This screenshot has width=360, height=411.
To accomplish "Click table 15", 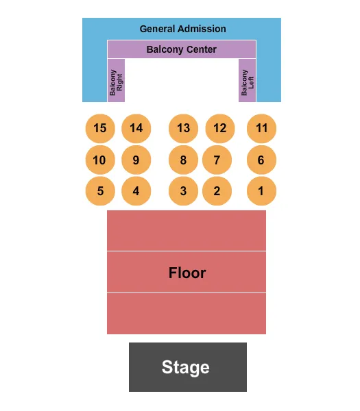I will pyautogui.click(x=100, y=128).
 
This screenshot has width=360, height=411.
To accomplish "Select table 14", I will pyautogui.click(x=136, y=128).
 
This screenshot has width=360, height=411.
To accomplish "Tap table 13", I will pyautogui.click(x=183, y=128).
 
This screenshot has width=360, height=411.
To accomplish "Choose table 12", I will pyautogui.click(x=219, y=128).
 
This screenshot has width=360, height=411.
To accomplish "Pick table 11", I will pyautogui.click(x=262, y=128).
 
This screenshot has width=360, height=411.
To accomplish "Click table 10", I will pyautogui.click(x=100, y=160).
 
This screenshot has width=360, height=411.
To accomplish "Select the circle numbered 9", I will pyautogui.click(x=136, y=160).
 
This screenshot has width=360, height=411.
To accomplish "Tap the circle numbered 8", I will pyautogui.click(x=183, y=160).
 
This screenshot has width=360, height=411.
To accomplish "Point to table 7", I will pyautogui.click(x=217, y=160).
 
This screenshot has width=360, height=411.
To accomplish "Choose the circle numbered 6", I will pyautogui.click(x=262, y=160).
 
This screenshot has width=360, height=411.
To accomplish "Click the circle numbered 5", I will pyautogui.click(x=100, y=191).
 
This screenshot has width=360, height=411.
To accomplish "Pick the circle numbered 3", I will pyautogui.click(x=183, y=191).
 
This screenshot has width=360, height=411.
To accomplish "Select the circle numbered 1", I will pyautogui.click(x=262, y=191).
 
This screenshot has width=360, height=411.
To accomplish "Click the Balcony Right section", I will pyautogui.click(x=116, y=83).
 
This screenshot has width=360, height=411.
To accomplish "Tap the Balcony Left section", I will pyautogui.click(x=247, y=83).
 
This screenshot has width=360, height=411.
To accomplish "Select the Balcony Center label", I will pyautogui.click(x=182, y=49).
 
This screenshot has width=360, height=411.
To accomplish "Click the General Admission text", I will pyautogui.click(x=182, y=29).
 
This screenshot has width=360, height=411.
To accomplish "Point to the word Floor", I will pyautogui.click(x=187, y=273).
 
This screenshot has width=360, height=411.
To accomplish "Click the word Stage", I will pyautogui.click(x=186, y=367).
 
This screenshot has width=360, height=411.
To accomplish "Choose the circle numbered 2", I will pyautogui.click(x=217, y=191).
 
